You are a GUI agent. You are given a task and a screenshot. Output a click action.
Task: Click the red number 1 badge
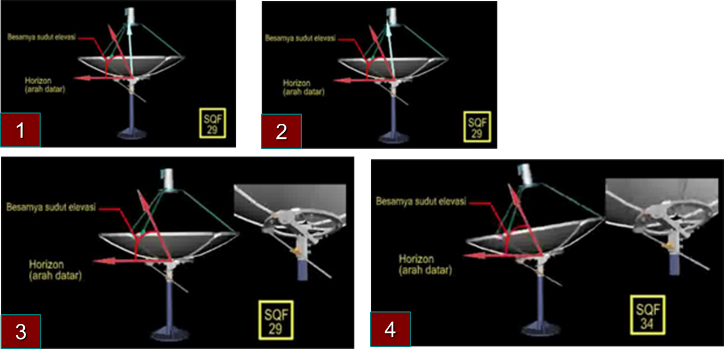pyautogui.click(x=20, y=130)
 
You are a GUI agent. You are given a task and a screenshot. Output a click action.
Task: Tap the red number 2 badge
pyautogui.click(x=281, y=131)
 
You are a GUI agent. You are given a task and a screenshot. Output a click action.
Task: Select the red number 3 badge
pyautogui.click(x=21, y=332)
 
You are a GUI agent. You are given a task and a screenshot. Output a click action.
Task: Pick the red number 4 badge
pyautogui.click(x=391, y=329)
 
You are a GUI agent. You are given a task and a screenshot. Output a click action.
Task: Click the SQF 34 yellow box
pyautogui.click(x=648, y=315)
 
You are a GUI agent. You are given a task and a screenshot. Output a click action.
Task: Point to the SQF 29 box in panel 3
pyautogui.click(x=276, y=320)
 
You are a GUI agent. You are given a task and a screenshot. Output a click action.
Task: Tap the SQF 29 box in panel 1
pyautogui.click(x=213, y=123)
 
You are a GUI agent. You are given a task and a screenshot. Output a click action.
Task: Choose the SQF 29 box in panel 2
pyautogui.click(x=477, y=127)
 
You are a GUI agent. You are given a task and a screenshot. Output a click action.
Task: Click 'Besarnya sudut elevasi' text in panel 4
pyautogui.click(x=421, y=202)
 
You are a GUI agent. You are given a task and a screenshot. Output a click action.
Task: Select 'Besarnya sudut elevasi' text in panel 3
pyautogui.click(x=51, y=207)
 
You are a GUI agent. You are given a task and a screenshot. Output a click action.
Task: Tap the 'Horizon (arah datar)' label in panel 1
pyautogui.click(x=45, y=85)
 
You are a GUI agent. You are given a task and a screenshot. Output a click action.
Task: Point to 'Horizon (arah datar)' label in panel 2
pyautogui.click(x=304, y=87)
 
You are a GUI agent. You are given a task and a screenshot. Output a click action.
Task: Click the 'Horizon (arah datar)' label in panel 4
pyautogui.click(x=425, y=264)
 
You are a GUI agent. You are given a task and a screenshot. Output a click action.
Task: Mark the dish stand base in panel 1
pyautogui.click(x=132, y=133)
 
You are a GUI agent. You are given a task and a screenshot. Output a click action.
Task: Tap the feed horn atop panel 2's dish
pyautogui.click(x=392, y=16)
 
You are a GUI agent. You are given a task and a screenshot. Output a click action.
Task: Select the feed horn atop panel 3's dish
pyautogui.click(x=168, y=179)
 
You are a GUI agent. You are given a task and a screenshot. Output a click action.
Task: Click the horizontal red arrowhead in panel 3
pyautogui.click(x=105, y=261)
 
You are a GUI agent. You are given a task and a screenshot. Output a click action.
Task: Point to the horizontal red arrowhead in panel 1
pyautogui.click(x=82, y=78)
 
